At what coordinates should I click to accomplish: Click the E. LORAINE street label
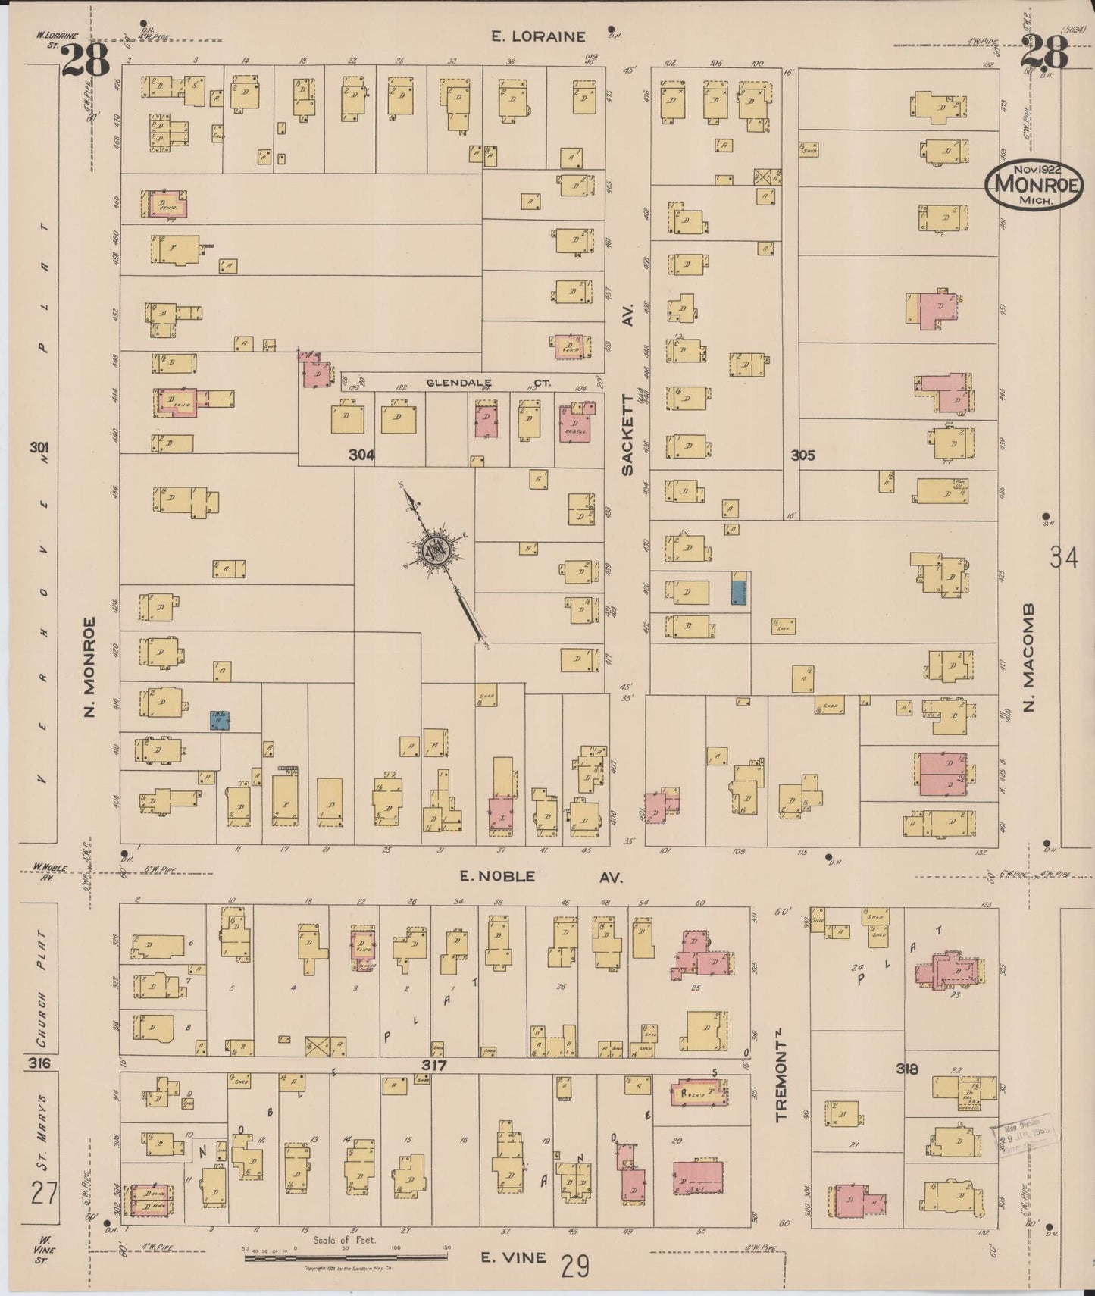point(538,36)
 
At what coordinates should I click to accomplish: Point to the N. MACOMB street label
point(1029,657)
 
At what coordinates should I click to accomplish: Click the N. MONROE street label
point(90,667)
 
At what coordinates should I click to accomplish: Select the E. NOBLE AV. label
point(541,877)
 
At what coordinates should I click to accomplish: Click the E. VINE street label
point(515,1257)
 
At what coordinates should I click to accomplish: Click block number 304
point(361,455)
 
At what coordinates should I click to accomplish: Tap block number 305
point(802,455)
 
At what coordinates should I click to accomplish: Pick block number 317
point(435,1066)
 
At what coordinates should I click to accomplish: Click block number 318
point(906,1069)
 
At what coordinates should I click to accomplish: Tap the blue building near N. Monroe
point(220,720)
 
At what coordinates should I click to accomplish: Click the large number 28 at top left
point(85,58)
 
